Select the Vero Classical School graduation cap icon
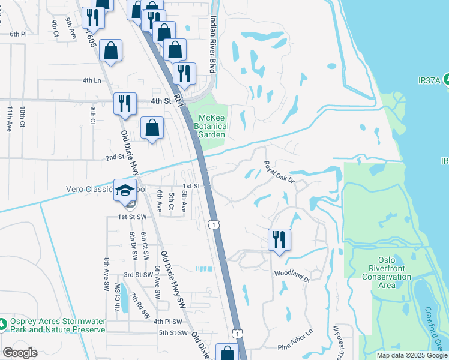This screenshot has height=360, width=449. (125, 191)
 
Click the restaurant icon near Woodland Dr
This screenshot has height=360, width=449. (279, 239)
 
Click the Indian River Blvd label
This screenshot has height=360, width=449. (212, 45)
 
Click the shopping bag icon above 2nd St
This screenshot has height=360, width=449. (152, 127)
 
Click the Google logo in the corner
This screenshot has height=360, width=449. (20, 353)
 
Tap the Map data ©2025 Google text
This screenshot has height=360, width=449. (412, 355)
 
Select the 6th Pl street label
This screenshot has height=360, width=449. (18, 34)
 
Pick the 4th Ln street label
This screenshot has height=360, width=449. (91, 80)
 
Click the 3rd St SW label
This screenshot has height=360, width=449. (137, 274)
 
